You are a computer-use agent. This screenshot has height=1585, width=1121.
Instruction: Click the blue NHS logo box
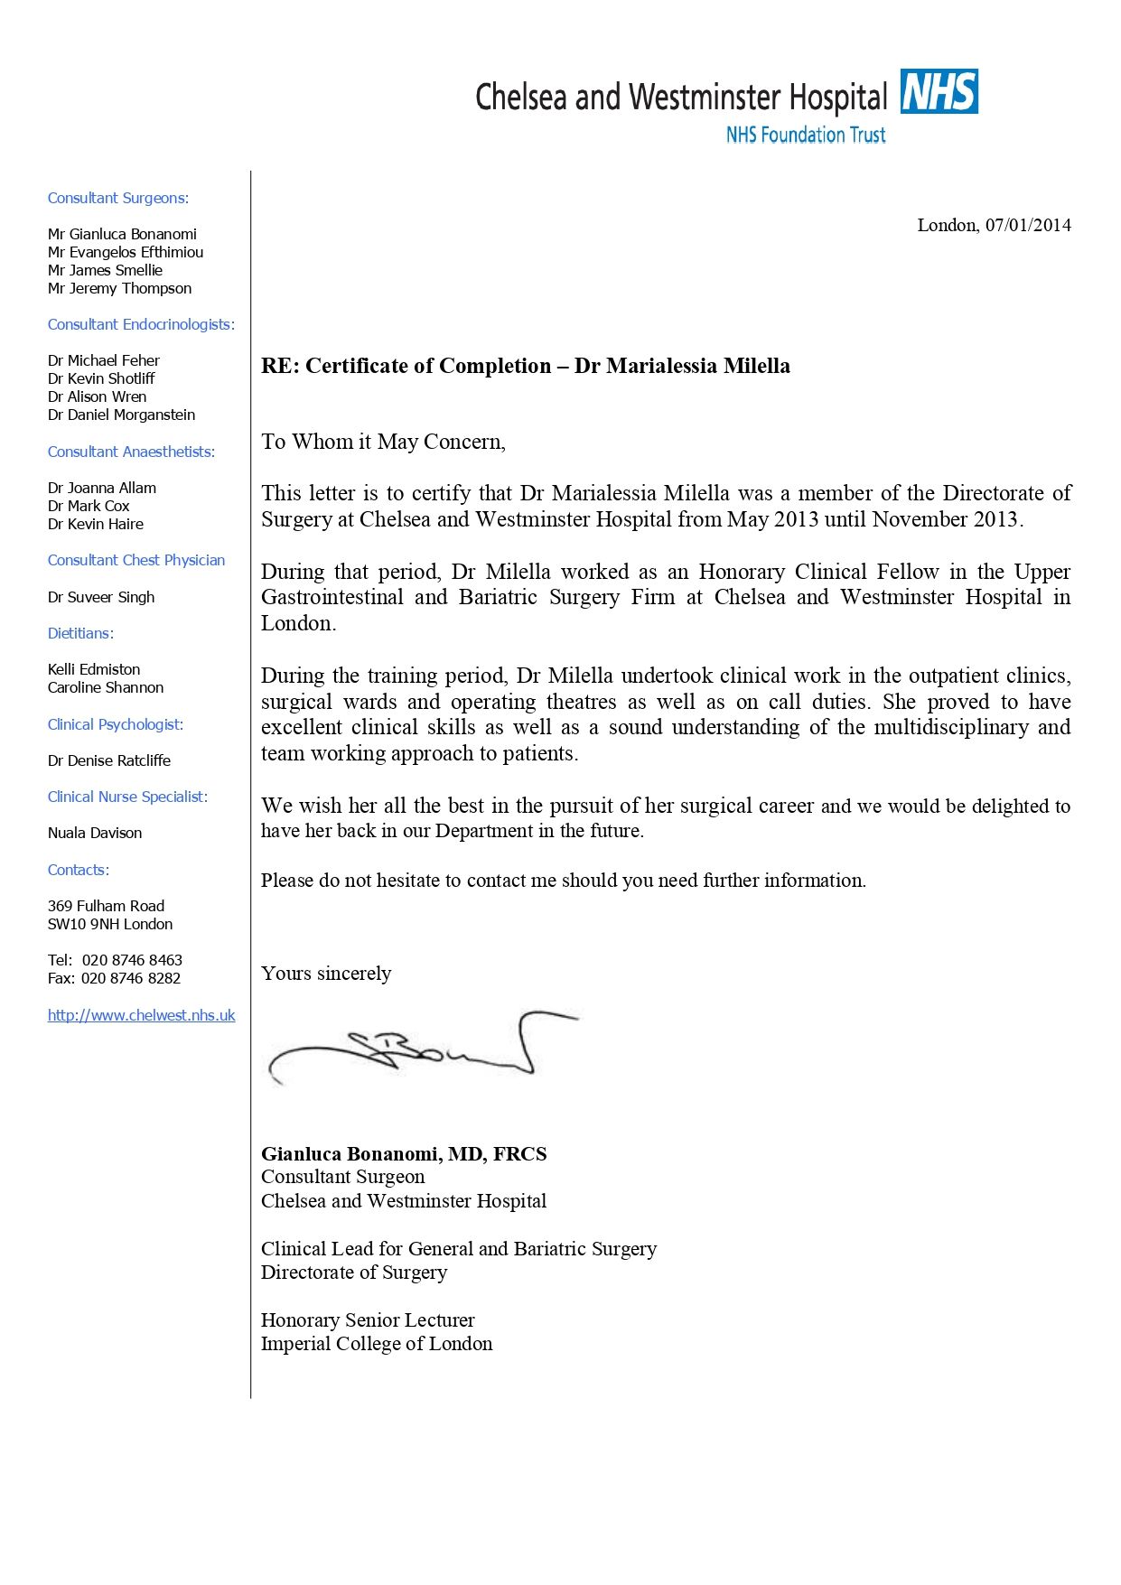(x=939, y=92)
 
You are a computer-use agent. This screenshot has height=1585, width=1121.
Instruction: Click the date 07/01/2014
(x=1028, y=225)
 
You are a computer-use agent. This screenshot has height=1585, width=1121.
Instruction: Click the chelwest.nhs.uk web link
(x=141, y=1015)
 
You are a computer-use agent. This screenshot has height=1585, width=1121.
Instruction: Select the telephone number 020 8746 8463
(x=132, y=960)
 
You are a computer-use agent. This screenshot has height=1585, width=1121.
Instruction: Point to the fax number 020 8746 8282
(x=131, y=978)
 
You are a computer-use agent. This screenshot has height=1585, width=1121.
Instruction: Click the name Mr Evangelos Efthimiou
(x=126, y=252)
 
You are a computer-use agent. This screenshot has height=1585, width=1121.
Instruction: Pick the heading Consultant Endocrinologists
(x=141, y=324)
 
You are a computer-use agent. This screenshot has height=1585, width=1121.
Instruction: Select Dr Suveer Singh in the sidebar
(x=101, y=597)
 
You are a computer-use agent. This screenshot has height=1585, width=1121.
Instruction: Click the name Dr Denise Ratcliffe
(x=109, y=760)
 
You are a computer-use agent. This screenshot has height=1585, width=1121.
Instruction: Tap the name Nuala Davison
(x=95, y=833)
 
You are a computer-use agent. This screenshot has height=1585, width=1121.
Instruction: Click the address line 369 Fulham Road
(x=107, y=906)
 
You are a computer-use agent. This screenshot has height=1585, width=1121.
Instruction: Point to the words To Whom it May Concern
(x=383, y=442)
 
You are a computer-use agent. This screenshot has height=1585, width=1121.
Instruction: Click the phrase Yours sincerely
(x=326, y=973)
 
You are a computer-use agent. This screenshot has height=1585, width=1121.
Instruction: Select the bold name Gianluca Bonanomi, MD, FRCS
(x=404, y=1153)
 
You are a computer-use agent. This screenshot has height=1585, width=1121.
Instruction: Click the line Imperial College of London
(x=377, y=1344)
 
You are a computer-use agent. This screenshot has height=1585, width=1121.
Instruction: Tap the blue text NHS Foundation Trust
(x=806, y=135)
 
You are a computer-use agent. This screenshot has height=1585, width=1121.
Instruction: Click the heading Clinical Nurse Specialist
(x=127, y=797)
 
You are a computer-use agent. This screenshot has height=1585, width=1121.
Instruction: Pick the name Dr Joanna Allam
(x=102, y=488)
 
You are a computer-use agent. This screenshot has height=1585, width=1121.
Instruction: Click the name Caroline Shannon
(x=106, y=687)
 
